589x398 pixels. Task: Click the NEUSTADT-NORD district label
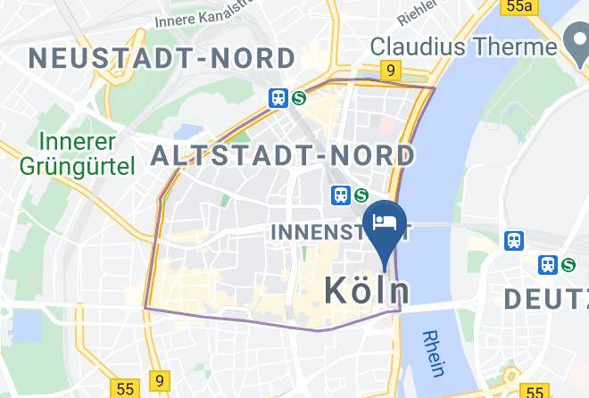[x=162, y=59]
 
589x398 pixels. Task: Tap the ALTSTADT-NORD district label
[x=283, y=156]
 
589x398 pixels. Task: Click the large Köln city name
[x=367, y=290]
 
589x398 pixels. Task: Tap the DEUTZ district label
[x=545, y=299]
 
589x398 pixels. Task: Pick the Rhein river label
[x=436, y=353]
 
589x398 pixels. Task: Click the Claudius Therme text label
[x=463, y=46]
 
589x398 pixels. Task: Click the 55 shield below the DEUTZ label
[x=535, y=391]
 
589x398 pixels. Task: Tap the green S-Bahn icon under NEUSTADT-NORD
[x=298, y=98]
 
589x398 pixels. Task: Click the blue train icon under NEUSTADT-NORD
[x=278, y=98]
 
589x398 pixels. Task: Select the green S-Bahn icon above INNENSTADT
[x=361, y=195]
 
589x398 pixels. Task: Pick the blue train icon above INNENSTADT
[x=340, y=195]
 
